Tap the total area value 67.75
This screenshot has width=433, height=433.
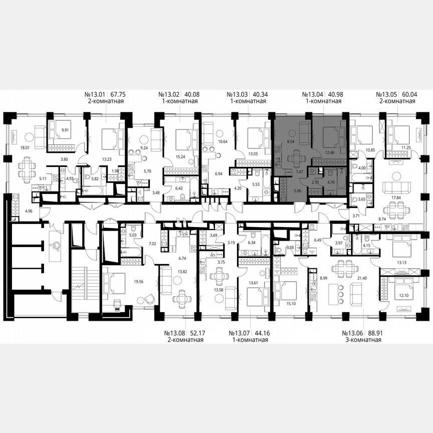pyautogui.click(x=123, y=94)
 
